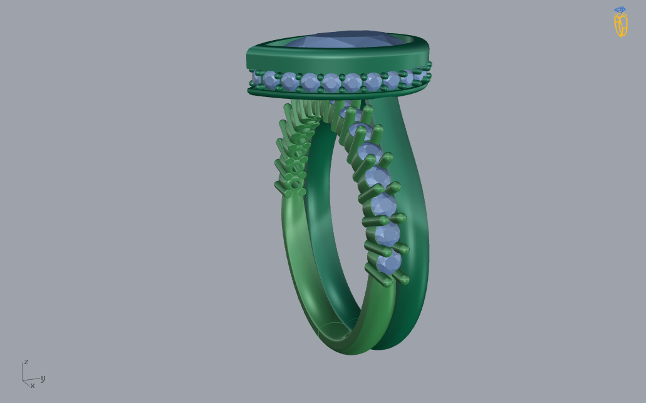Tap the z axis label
click(x=26, y=362)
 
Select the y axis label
click(x=43, y=379)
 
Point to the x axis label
click(x=33, y=385)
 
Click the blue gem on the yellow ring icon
click(x=620, y=9)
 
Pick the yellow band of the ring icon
click(x=621, y=24)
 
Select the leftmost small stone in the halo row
click(x=256, y=78)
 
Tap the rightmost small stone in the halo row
click(x=420, y=75)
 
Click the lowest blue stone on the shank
click(x=389, y=263)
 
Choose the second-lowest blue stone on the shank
click(x=387, y=234)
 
